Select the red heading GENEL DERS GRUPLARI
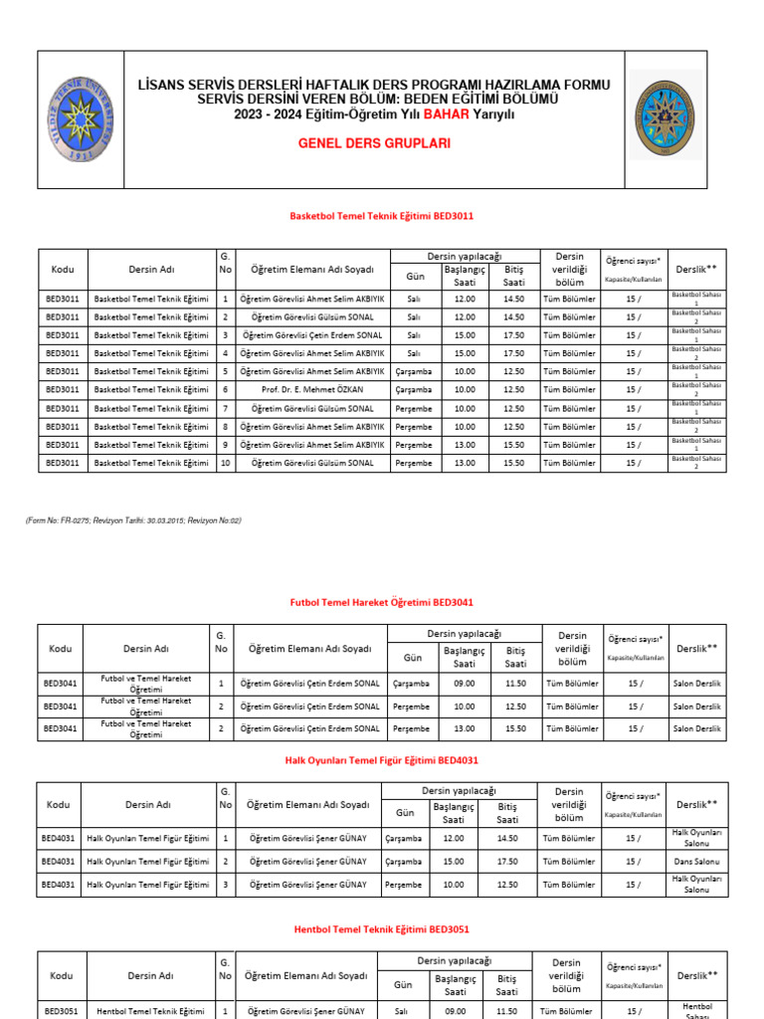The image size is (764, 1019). click(374, 143)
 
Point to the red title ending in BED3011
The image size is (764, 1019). click(381, 215)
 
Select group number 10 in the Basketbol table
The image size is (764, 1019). click(226, 463)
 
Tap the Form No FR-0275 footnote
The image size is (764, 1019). click(133, 520)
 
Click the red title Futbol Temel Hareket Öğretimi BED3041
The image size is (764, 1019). click(381, 602)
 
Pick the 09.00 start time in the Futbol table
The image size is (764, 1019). click(465, 684)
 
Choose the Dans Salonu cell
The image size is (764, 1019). click(696, 861)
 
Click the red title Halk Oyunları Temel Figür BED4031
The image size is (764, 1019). click(381, 761)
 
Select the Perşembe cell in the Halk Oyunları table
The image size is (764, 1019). click(404, 884)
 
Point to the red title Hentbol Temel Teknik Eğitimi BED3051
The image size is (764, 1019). click(382, 929)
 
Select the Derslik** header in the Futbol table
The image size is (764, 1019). click(697, 649)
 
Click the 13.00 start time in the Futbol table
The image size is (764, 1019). click(465, 728)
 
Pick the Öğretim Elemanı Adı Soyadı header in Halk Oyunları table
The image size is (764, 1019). click(307, 804)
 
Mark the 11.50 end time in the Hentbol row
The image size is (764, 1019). click(507, 1011)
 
